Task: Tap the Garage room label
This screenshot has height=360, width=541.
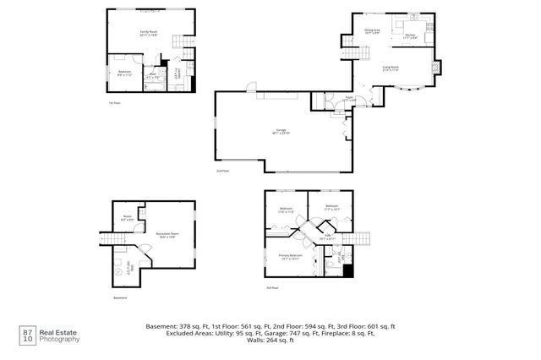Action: click(x=279, y=132)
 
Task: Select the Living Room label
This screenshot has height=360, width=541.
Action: click(x=391, y=68)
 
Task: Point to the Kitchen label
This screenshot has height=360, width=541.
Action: click(x=411, y=36)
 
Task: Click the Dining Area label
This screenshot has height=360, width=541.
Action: click(x=372, y=31)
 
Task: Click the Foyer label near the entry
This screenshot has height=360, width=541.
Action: click(x=347, y=99)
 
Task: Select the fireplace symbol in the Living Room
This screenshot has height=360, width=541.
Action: click(x=436, y=68)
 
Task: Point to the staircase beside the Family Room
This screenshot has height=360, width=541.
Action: click(x=180, y=42)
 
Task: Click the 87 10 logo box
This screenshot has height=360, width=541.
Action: click(x=27, y=335)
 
